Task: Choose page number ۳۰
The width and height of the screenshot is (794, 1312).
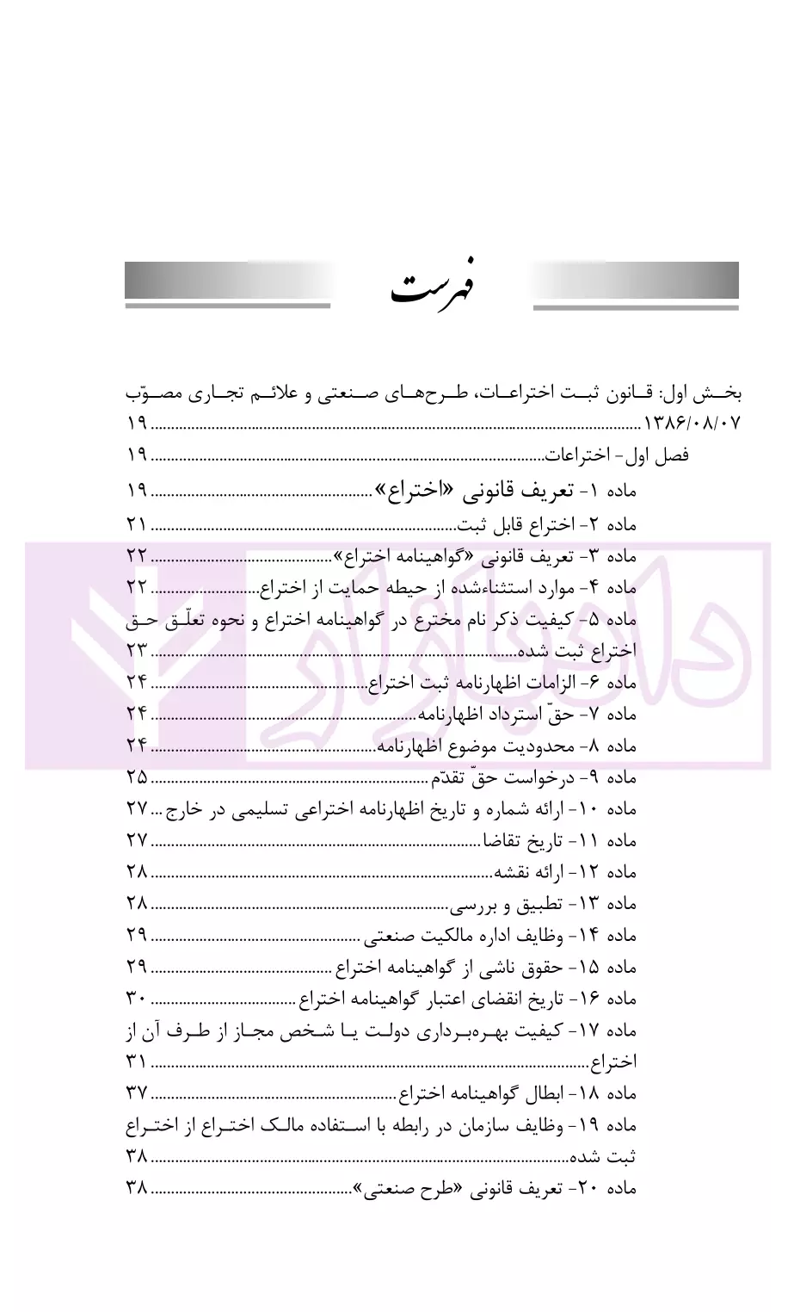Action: pyautogui.click(x=137, y=999)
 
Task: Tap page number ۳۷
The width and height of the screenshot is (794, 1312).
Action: pyautogui.click(x=137, y=1093)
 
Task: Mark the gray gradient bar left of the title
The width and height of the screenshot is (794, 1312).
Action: pyautogui.click(x=227, y=281)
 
